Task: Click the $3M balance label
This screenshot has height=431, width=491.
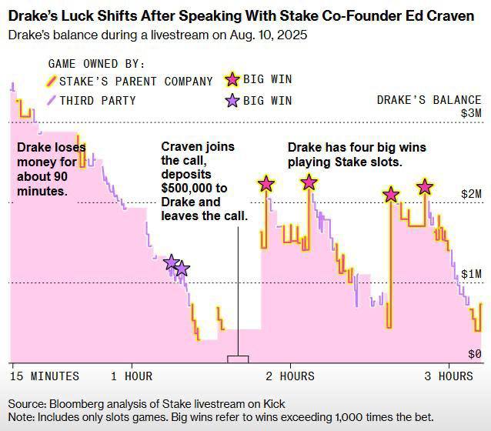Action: click(x=470, y=113)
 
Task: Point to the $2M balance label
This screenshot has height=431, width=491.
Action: click(x=470, y=194)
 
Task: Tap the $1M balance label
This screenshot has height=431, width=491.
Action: click(x=470, y=274)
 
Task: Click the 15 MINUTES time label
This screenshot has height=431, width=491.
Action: click(x=44, y=376)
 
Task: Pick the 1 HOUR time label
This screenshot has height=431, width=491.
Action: click(x=132, y=376)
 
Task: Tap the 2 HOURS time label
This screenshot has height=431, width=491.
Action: click(x=290, y=376)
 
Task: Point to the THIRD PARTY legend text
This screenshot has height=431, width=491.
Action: click(x=98, y=100)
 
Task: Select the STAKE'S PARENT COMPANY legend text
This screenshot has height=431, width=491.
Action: click(x=136, y=82)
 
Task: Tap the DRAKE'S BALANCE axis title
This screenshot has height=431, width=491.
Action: click(x=429, y=100)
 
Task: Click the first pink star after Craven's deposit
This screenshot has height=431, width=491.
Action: click(x=266, y=184)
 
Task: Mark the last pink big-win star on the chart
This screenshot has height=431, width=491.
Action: click(x=424, y=186)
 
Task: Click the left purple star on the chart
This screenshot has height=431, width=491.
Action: click(x=172, y=262)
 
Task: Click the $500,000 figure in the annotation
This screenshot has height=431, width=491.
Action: click(x=189, y=189)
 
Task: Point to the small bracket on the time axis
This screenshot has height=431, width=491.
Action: click(x=238, y=359)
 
